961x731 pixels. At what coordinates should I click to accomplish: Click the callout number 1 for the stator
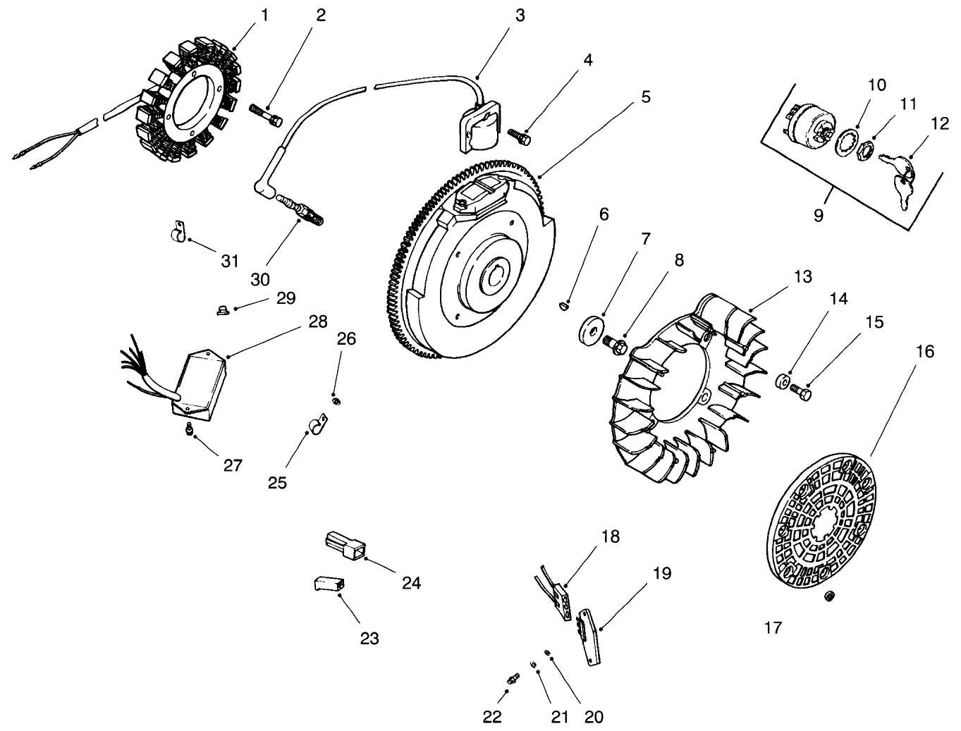point(264,16)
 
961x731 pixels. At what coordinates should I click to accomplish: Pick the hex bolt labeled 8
point(615,343)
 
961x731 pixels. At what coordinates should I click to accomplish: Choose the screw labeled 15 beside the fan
point(801,390)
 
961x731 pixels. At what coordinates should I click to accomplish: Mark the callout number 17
point(773,627)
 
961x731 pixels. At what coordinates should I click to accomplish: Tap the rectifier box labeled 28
point(200,386)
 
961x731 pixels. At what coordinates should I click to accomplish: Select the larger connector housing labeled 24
point(345,546)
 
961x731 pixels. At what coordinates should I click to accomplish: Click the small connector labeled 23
point(328,584)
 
